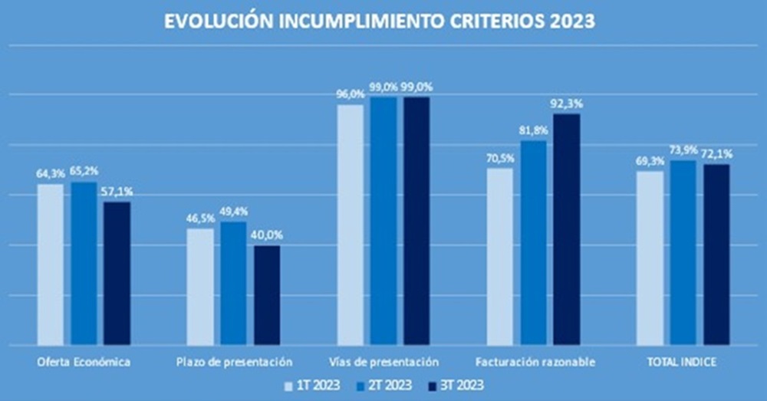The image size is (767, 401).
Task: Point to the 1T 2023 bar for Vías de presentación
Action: [351, 224]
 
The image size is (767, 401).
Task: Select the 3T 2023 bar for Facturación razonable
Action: [567, 228]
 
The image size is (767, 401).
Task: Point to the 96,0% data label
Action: [351, 94]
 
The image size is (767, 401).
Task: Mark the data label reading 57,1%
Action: [117, 192]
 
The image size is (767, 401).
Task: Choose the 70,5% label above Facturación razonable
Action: [500, 159]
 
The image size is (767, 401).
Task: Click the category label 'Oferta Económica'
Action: [84, 360]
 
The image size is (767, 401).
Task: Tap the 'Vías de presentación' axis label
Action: [383, 360]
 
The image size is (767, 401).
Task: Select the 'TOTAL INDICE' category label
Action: [683, 360]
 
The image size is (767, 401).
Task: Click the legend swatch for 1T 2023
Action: [288, 385]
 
